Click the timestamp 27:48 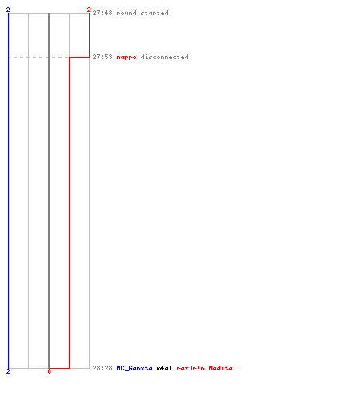click(102, 13)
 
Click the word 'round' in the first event click(126, 13)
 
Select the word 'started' click(154, 13)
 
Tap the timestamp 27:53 click(102, 57)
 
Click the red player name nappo click(126, 58)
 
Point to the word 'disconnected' click(164, 57)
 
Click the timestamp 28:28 click(102, 368)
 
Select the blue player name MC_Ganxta click(134, 368)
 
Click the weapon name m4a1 click(164, 368)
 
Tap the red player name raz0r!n click(190, 368)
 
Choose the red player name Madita click(220, 368)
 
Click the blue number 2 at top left click(8, 10)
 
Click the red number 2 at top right click(89, 10)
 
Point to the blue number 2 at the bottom click(8, 371)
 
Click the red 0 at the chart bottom click(49, 371)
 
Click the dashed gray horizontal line click(38, 57)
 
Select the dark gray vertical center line click(49, 190)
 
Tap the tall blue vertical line click(8, 190)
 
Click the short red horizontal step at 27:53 click(79, 57)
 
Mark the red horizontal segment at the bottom click(59, 368)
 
